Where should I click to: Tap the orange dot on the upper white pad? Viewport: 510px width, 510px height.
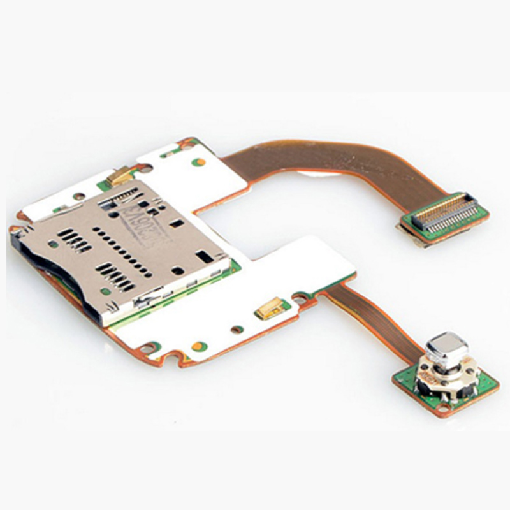[200, 161]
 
